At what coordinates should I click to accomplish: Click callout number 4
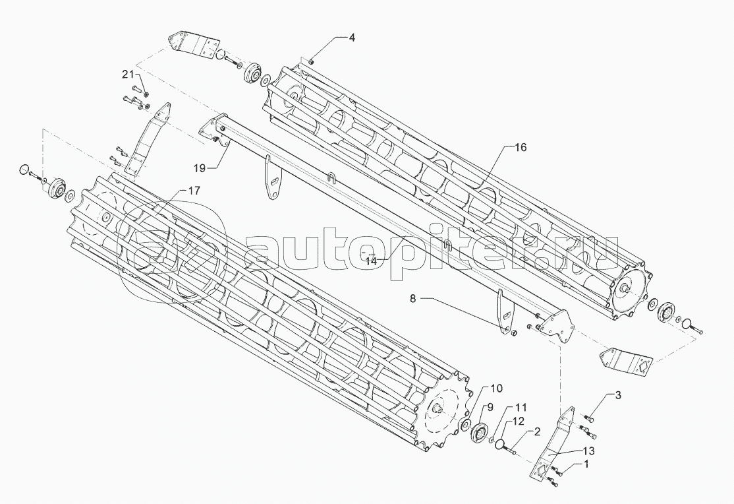pyautogui.click(x=352, y=38)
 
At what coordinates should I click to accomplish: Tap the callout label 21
pyautogui.click(x=127, y=73)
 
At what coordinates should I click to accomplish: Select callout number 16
pyautogui.click(x=521, y=148)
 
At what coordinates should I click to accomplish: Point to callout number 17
pyautogui.click(x=194, y=191)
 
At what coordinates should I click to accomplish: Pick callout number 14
pyautogui.click(x=371, y=260)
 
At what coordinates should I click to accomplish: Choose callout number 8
pyautogui.click(x=413, y=299)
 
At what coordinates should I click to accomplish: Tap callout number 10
pyautogui.click(x=496, y=387)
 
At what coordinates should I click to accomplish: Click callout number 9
pyautogui.click(x=490, y=406)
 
